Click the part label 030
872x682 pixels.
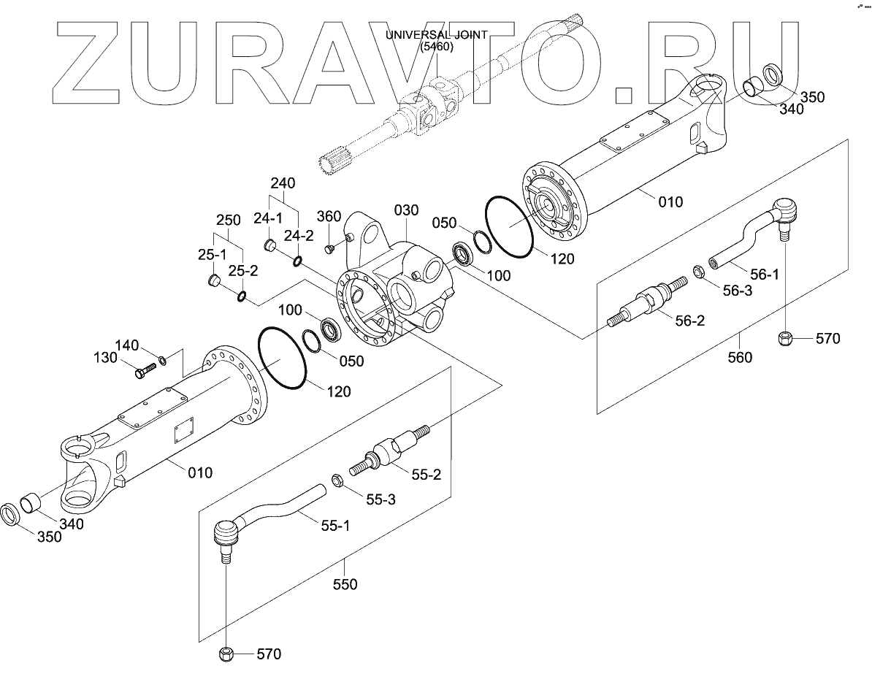click(406, 210)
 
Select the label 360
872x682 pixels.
click(329, 216)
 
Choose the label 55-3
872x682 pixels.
click(380, 499)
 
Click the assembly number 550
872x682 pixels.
click(345, 584)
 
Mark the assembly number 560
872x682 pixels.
click(741, 357)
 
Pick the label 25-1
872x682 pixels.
click(213, 255)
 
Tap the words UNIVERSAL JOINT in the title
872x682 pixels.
click(437, 35)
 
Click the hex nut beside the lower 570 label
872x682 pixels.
click(226, 653)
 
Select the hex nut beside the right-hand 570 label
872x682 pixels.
click(785, 339)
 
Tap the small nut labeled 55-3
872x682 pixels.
click(338, 480)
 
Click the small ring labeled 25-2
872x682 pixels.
click(242, 296)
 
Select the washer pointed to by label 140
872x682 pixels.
click(163, 359)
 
